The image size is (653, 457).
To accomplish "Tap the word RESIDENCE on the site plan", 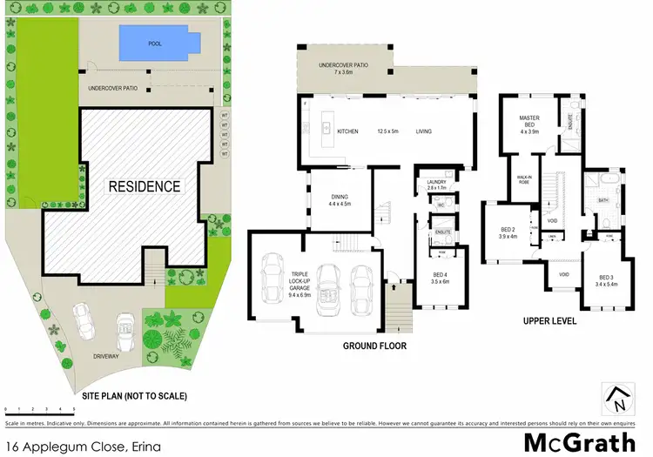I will (144, 186).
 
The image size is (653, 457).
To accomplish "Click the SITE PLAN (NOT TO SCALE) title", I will (134, 395).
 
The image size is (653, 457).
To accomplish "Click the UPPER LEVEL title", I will (549, 320).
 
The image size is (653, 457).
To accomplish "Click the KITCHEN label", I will (347, 132).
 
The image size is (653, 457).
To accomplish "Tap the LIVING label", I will (424, 132).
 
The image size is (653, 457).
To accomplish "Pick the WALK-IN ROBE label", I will (524, 179).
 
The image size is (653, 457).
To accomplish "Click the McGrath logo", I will (579, 441).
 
